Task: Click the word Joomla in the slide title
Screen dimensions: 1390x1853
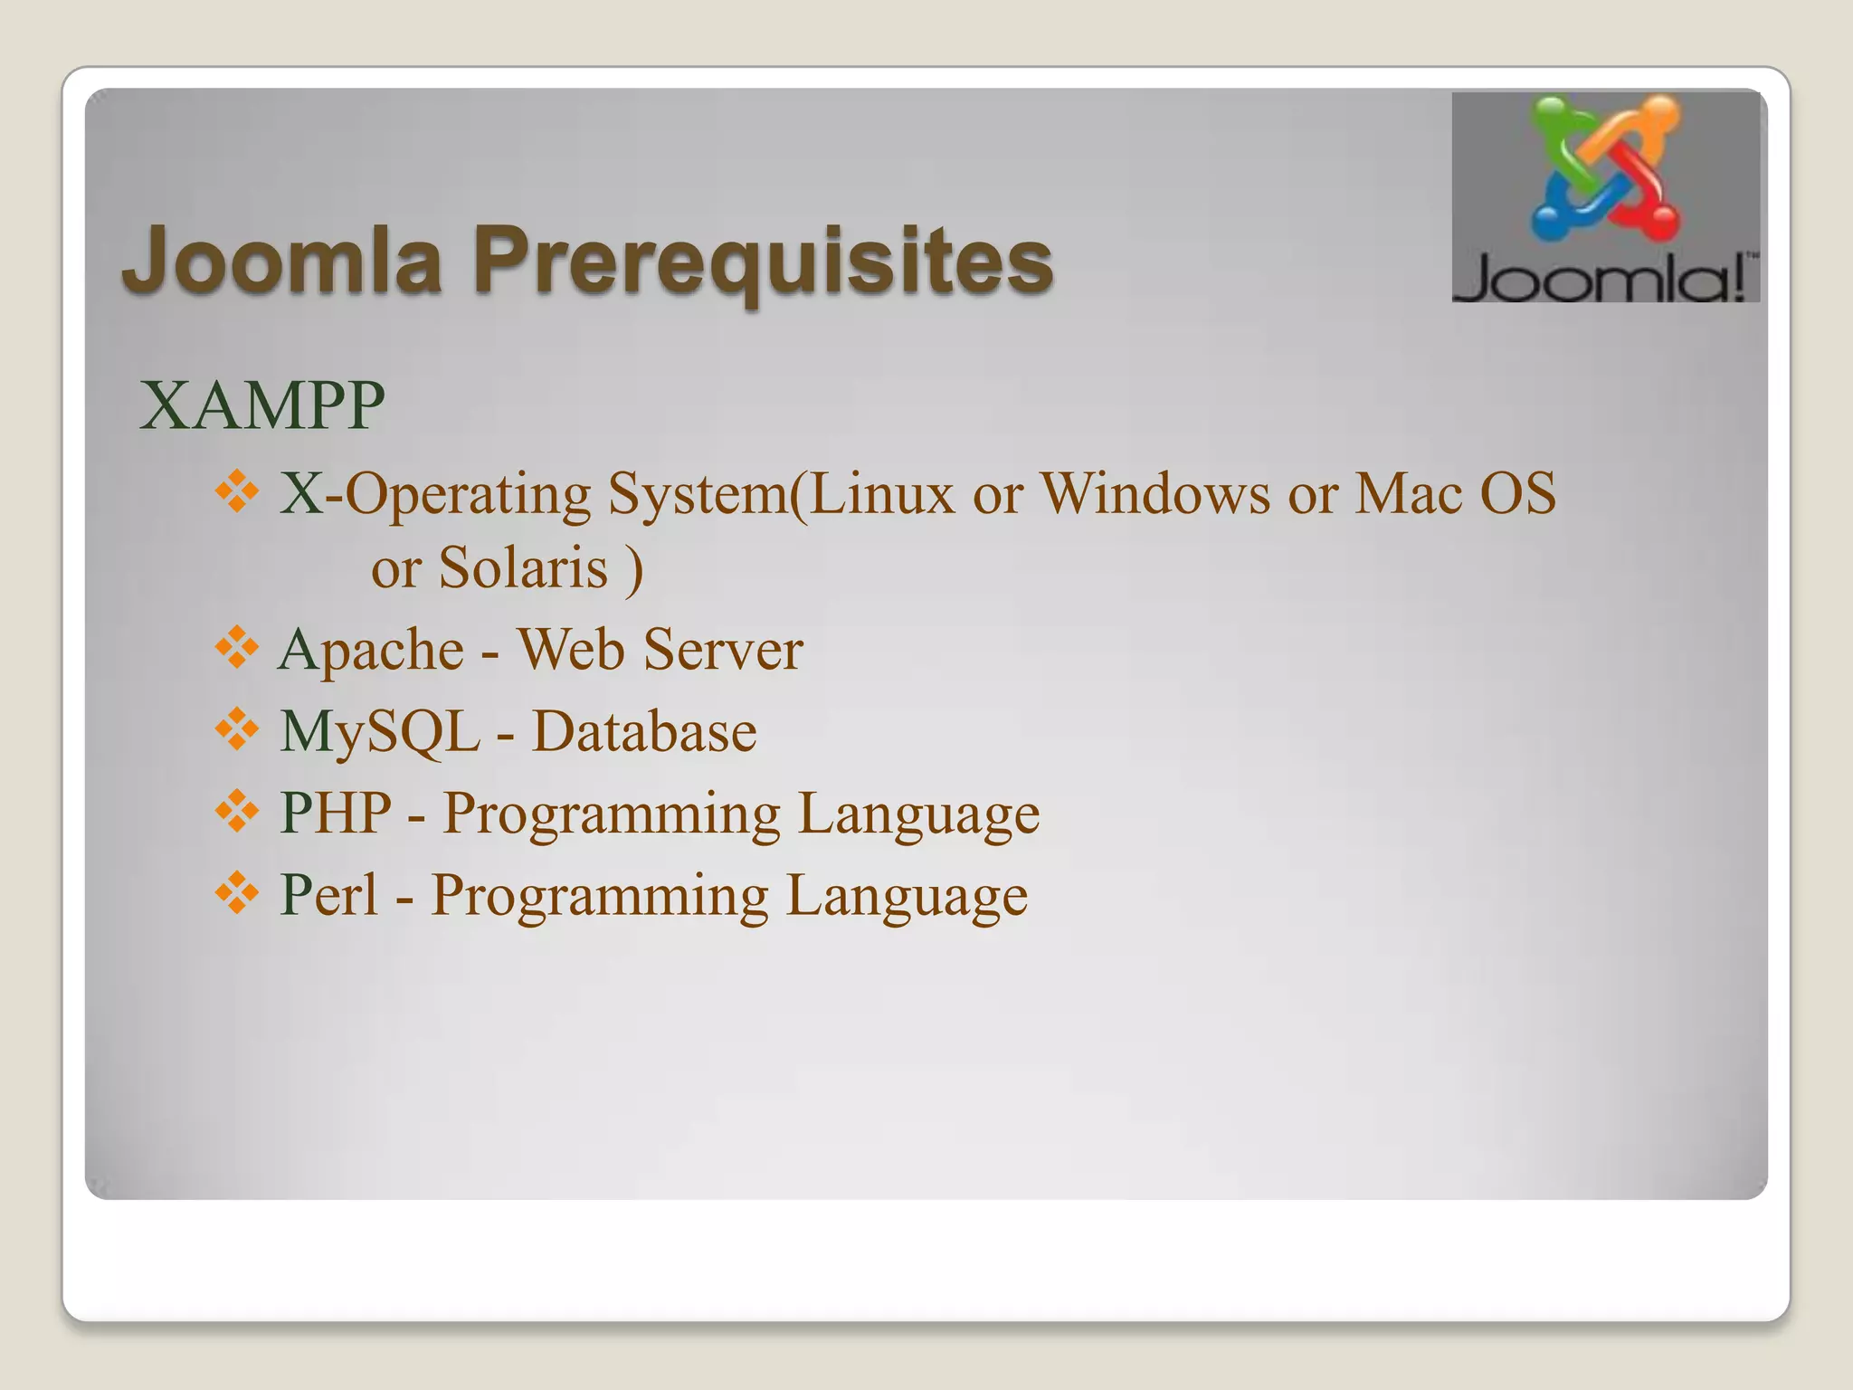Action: [281, 260]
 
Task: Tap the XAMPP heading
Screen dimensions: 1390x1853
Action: [262, 406]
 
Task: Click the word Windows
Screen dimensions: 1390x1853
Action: [1155, 494]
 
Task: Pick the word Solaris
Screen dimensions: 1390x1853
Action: [523, 568]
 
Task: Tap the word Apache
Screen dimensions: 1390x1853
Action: [371, 652]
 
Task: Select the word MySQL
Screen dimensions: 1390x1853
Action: [379, 732]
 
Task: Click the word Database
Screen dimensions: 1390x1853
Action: [643, 732]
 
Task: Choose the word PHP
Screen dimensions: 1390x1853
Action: [336, 813]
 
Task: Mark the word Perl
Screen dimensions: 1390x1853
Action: [328, 895]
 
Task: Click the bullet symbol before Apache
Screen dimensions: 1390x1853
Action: [237, 649]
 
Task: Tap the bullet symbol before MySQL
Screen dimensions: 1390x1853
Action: [237, 730]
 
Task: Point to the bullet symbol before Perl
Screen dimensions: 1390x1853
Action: [237, 893]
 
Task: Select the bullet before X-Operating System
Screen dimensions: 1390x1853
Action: [237, 493]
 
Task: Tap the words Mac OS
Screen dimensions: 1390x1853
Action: [1455, 494]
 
